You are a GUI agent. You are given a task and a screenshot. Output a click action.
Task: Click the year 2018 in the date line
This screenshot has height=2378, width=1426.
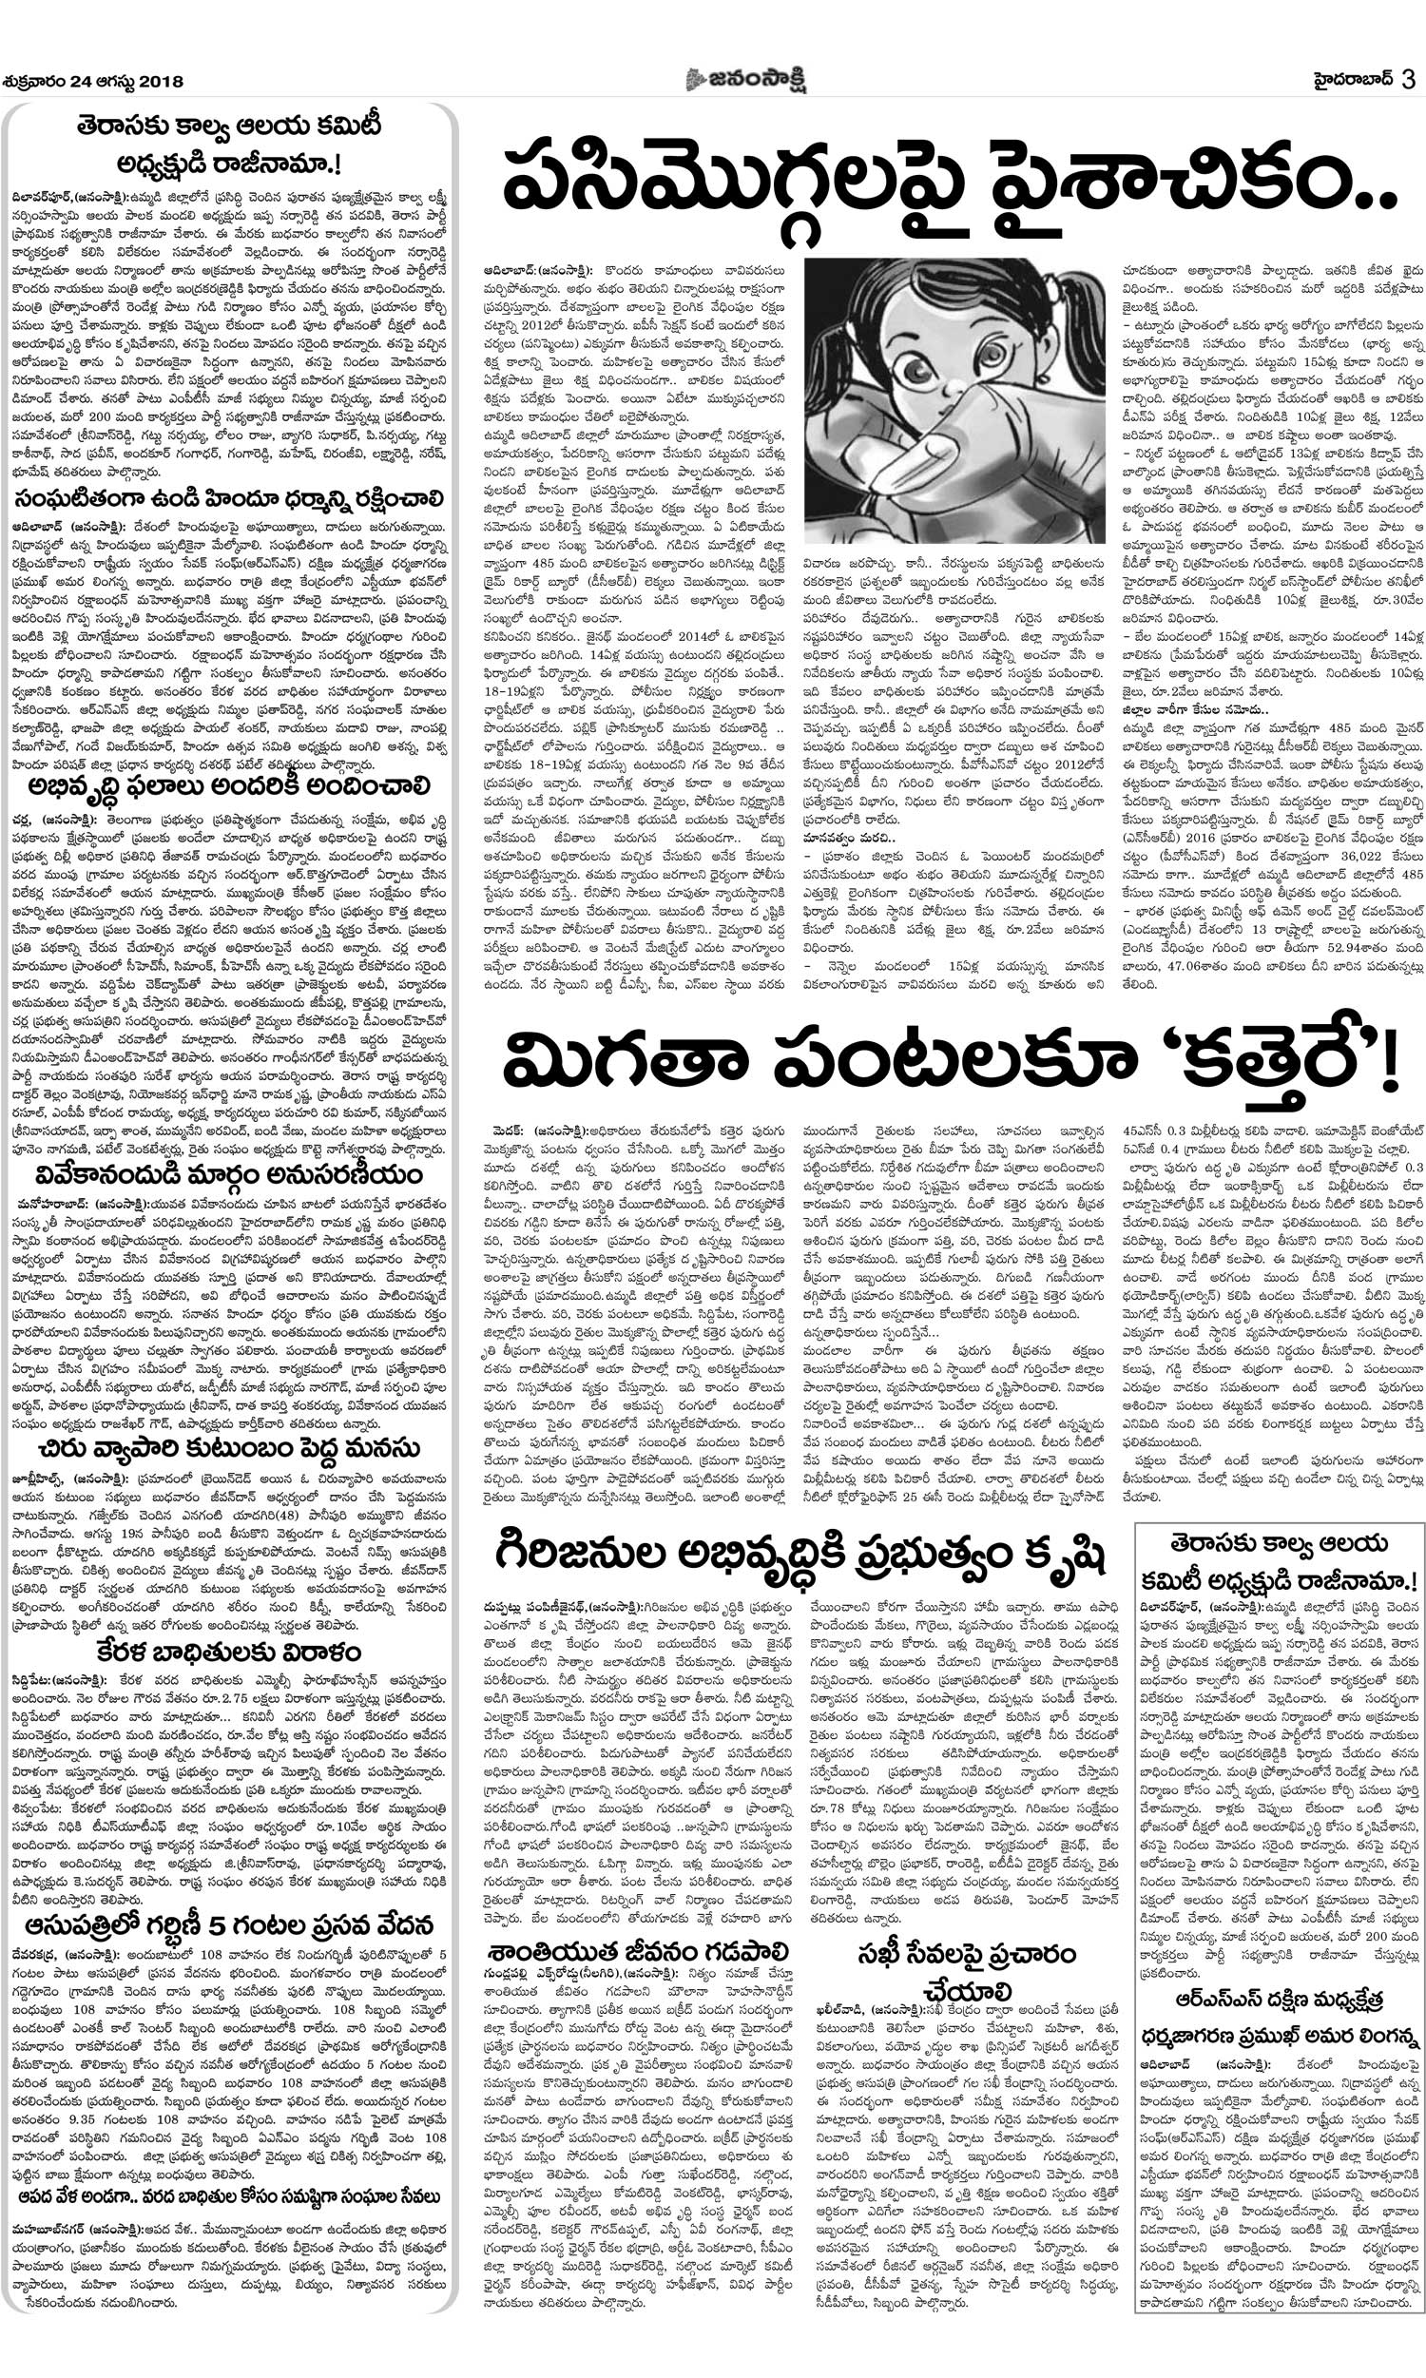[162, 82]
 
